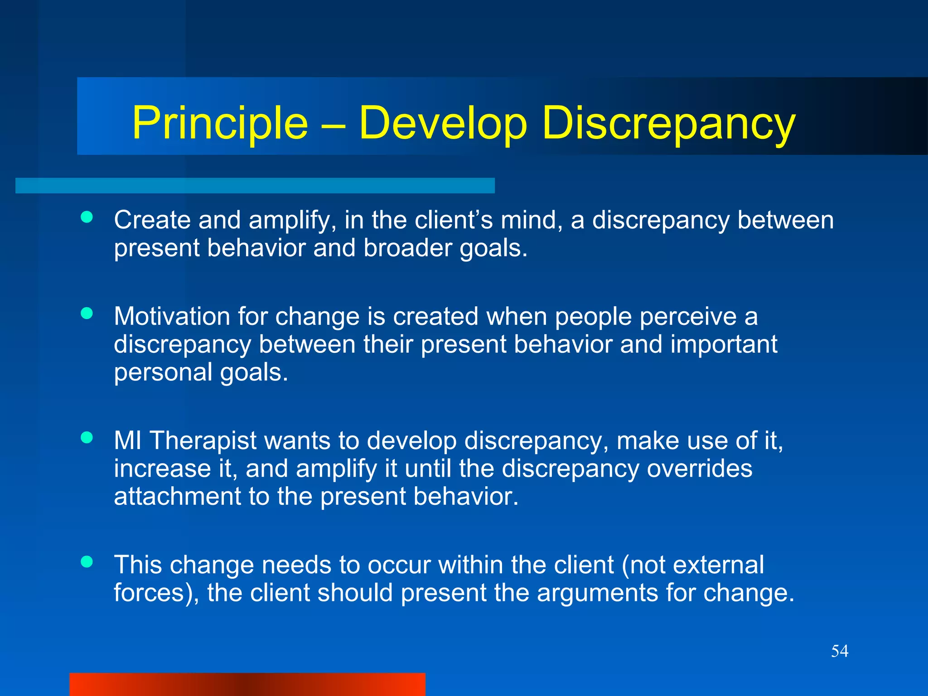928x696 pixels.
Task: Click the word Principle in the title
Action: tap(220, 123)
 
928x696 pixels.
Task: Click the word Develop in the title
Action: tap(443, 123)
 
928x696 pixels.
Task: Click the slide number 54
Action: tap(839, 651)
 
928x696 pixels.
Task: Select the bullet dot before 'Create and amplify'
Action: tap(87, 217)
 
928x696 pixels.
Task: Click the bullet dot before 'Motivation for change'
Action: tap(87, 313)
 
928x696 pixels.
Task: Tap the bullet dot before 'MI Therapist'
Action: tap(87, 437)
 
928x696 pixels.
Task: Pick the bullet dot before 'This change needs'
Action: tap(87, 562)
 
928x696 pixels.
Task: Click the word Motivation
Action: tap(171, 316)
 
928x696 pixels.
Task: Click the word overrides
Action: tap(699, 469)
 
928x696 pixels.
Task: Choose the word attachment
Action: tap(177, 497)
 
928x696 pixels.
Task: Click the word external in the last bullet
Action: tap(718, 565)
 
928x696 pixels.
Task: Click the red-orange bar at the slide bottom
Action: tap(247, 684)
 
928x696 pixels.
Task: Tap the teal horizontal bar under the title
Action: tap(255, 186)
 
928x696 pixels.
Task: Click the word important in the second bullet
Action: tap(723, 344)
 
